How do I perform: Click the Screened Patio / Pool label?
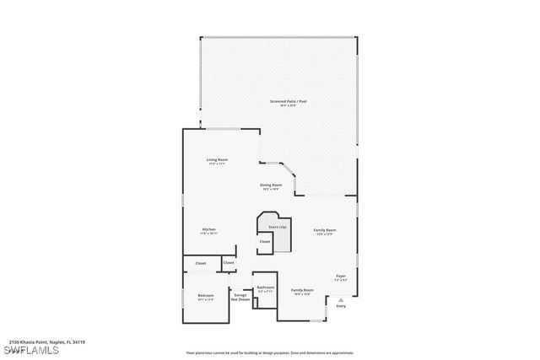click(288, 101)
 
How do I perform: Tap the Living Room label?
click(218, 159)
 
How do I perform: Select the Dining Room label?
click(271, 185)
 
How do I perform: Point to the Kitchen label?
click(209, 229)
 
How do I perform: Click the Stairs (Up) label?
click(278, 227)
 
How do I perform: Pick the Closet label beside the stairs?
click(264, 242)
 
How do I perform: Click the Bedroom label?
click(206, 295)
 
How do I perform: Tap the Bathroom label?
click(266, 287)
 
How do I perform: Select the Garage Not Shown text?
click(241, 297)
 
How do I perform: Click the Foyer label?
click(341, 276)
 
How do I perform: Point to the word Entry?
click(341, 306)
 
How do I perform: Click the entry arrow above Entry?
click(341, 298)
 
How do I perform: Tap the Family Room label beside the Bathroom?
click(302, 290)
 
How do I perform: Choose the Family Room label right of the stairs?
click(325, 229)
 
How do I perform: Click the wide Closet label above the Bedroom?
click(201, 264)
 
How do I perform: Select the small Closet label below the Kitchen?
click(229, 263)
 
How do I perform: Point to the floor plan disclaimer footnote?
click(269, 352)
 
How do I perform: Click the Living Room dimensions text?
click(218, 164)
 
